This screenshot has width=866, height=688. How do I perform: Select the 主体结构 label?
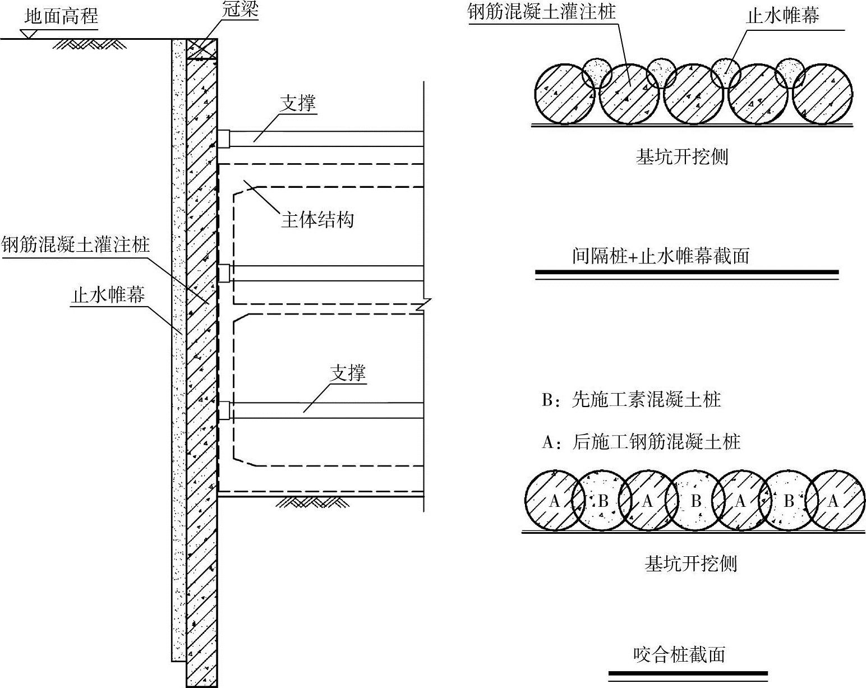pyautogui.click(x=317, y=219)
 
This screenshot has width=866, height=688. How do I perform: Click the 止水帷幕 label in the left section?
pyautogui.click(x=108, y=295)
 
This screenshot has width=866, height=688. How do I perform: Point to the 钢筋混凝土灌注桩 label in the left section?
pyautogui.click(x=75, y=245)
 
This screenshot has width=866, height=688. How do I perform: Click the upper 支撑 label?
pyautogui.click(x=298, y=103)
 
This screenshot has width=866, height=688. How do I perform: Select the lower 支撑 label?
pyautogui.click(x=348, y=373)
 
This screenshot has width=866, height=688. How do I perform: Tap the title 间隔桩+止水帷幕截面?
pyautogui.click(x=661, y=256)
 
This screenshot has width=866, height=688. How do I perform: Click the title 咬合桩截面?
pyautogui.click(x=679, y=654)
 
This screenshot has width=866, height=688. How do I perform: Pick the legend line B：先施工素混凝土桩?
pyautogui.click(x=632, y=400)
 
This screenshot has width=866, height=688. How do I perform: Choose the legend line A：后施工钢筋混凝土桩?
pyautogui.click(x=641, y=442)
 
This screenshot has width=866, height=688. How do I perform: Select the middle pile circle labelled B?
pyautogui.click(x=695, y=501)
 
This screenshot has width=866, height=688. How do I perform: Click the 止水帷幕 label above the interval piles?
pyautogui.click(x=783, y=15)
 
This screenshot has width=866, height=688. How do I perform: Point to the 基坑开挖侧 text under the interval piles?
pyautogui.click(x=682, y=157)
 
